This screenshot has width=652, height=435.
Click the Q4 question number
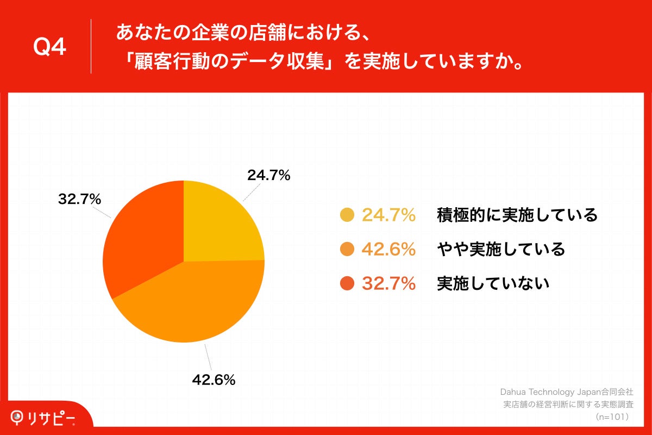(49, 47)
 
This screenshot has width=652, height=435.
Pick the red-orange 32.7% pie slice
(141, 239)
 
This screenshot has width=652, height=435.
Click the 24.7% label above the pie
(268, 175)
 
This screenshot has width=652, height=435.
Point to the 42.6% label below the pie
(214, 380)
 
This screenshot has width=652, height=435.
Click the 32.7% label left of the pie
(79, 200)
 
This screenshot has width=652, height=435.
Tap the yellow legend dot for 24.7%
(347, 215)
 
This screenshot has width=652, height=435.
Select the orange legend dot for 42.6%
(347, 250)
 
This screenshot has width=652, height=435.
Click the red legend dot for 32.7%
(347, 283)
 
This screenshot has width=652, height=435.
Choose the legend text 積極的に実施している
(517, 215)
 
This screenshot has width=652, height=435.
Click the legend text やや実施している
(501, 250)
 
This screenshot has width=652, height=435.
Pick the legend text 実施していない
(493, 283)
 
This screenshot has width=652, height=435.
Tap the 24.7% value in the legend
(388, 215)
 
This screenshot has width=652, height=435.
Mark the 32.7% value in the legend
(388, 283)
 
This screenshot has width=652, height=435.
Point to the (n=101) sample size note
(612, 417)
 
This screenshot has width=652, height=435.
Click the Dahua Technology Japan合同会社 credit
(567, 392)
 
